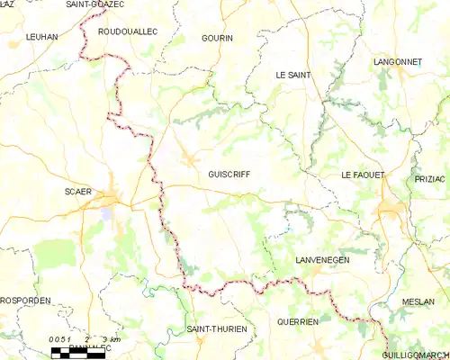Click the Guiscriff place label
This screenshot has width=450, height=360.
pyautogui.click(x=229, y=175)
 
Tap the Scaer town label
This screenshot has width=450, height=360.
pyautogui.click(x=79, y=192)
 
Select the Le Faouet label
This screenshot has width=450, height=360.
pyautogui.click(x=363, y=175)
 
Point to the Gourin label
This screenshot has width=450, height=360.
pyautogui.click(x=218, y=39)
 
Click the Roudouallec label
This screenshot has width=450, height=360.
pyautogui.click(x=127, y=31)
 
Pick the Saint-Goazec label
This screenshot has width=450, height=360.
pyautogui.click(x=94, y=4)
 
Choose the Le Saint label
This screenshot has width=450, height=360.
pyautogui.click(x=292, y=76)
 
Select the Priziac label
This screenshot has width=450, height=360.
pyautogui.click(x=430, y=179)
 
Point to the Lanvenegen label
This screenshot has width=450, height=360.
pyautogui.click(x=322, y=260)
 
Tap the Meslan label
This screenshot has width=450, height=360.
pyautogui.click(x=418, y=301)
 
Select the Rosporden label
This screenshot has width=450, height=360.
pyautogui.click(x=25, y=301)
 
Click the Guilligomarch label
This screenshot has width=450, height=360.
pyautogui.click(x=415, y=355)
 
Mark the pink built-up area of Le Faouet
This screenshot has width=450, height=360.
pyautogui.click(x=391, y=210)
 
